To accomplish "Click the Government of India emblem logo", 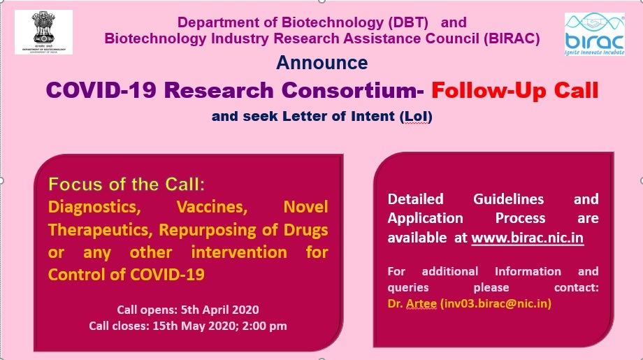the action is click(x=43, y=32).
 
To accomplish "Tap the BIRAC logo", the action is click(x=595, y=34).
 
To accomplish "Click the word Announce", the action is click(x=322, y=63).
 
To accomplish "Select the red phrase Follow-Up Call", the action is click(x=514, y=90).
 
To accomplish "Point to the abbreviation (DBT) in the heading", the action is click(x=408, y=22).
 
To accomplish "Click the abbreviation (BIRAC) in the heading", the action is click(x=512, y=38).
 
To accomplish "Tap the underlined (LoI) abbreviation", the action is click(x=416, y=117).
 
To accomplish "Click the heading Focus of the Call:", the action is click(x=127, y=185).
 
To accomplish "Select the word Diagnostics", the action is click(x=94, y=207).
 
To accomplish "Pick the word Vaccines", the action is click(x=212, y=207).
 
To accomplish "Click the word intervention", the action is click(x=239, y=252).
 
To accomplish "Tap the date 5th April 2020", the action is click(x=219, y=310).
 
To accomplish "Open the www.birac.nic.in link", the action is click(x=528, y=238).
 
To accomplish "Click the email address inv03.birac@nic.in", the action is click(x=496, y=303).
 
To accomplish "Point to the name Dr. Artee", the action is click(x=412, y=303).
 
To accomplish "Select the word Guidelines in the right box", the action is click(x=509, y=199).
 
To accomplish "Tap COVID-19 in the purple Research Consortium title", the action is click(x=101, y=90).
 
